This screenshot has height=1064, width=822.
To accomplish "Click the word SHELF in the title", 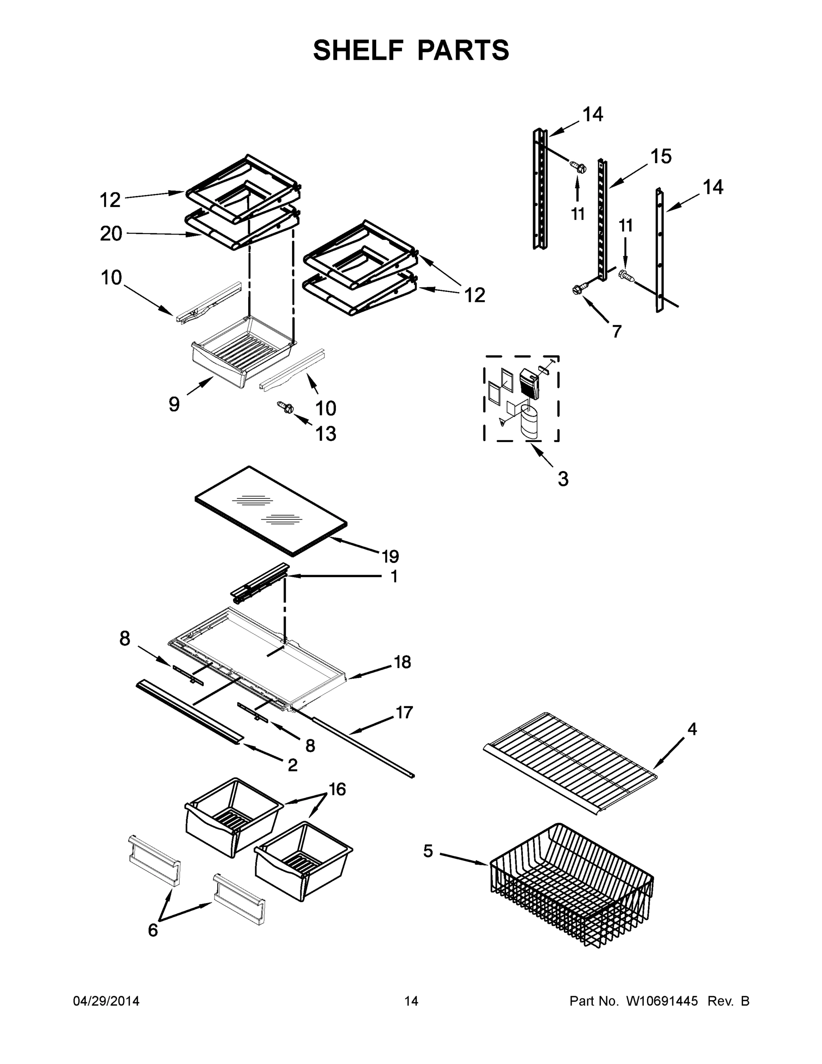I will tap(358, 50).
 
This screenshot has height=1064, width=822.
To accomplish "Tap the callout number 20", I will tap(111, 233).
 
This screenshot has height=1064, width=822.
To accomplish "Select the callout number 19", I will tap(390, 556).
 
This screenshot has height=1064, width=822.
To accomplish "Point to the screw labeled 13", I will tap(285, 407).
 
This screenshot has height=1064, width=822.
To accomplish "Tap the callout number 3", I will tap(563, 479).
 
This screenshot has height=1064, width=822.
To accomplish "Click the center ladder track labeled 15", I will tap(603, 219).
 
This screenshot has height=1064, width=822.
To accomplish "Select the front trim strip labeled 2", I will tap(187, 711).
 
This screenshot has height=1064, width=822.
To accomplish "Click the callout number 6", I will tap(153, 931).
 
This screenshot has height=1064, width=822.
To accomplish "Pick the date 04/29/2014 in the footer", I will tap(106, 1001).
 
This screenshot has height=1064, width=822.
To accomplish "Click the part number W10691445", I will tap(661, 1001).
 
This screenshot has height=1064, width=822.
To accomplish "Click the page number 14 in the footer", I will tap(411, 1001).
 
